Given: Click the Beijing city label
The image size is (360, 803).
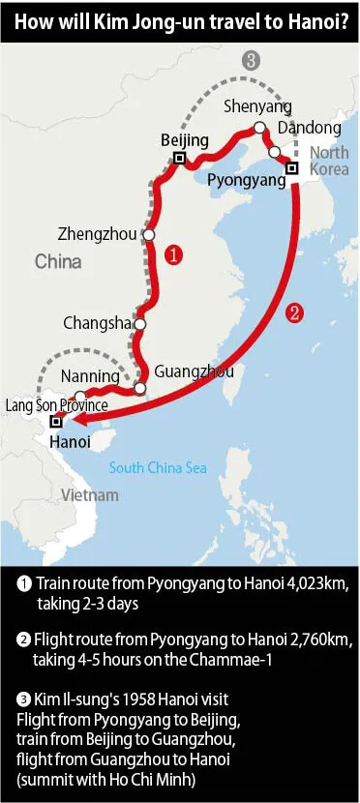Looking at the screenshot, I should (x=184, y=141).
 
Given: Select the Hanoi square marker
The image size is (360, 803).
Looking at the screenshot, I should (x=56, y=422).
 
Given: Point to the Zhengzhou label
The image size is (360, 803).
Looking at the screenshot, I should (x=98, y=234).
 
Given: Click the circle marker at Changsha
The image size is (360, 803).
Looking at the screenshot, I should (x=140, y=324).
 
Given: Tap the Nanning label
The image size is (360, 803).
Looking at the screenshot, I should (x=90, y=376).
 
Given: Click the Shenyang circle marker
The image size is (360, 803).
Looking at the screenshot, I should (x=259, y=128).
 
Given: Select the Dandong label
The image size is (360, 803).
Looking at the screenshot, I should (x=309, y=128).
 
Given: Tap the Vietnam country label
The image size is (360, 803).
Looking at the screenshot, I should (x=90, y=494).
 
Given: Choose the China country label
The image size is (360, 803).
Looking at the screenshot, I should (x=58, y=261).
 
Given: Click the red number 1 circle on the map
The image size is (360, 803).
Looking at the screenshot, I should (x=171, y=255).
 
